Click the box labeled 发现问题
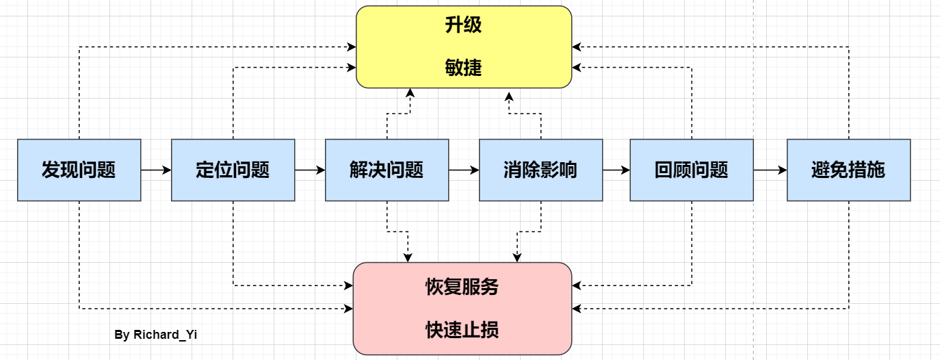pyautogui.click(x=79, y=170)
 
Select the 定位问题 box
pyautogui.click(x=233, y=170)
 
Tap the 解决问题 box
pyautogui.click(x=387, y=170)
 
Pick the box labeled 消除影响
pyautogui.click(x=540, y=170)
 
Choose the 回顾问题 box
pyautogui.click(x=691, y=170)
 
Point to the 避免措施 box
pyautogui.click(x=848, y=170)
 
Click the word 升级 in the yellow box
pyautogui.click(x=463, y=25)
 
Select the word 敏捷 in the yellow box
pyautogui.click(x=463, y=67)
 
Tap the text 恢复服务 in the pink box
pyautogui.click(x=462, y=287)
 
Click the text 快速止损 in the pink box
pyautogui.click(x=462, y=330)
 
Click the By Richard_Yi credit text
pyautogui.click(x=156, y=335)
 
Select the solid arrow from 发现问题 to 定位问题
pyautogui.click(x=156, y=170)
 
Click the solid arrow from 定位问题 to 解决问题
pyautogui.click(x=310, y=170)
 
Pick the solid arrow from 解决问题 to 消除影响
pyautogui.click(x=464, y=170)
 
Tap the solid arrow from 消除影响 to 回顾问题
pyautogui.click(x=616, y=170)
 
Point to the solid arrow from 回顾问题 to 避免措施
pyautogui.click(x=770, y=170)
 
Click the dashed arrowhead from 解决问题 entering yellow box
pyautogui.click(x=409, y=94)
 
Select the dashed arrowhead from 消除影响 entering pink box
pyautogui.click(x=517, y=257)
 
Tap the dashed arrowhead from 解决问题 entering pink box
pyautogui.click(x=408, y=257)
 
